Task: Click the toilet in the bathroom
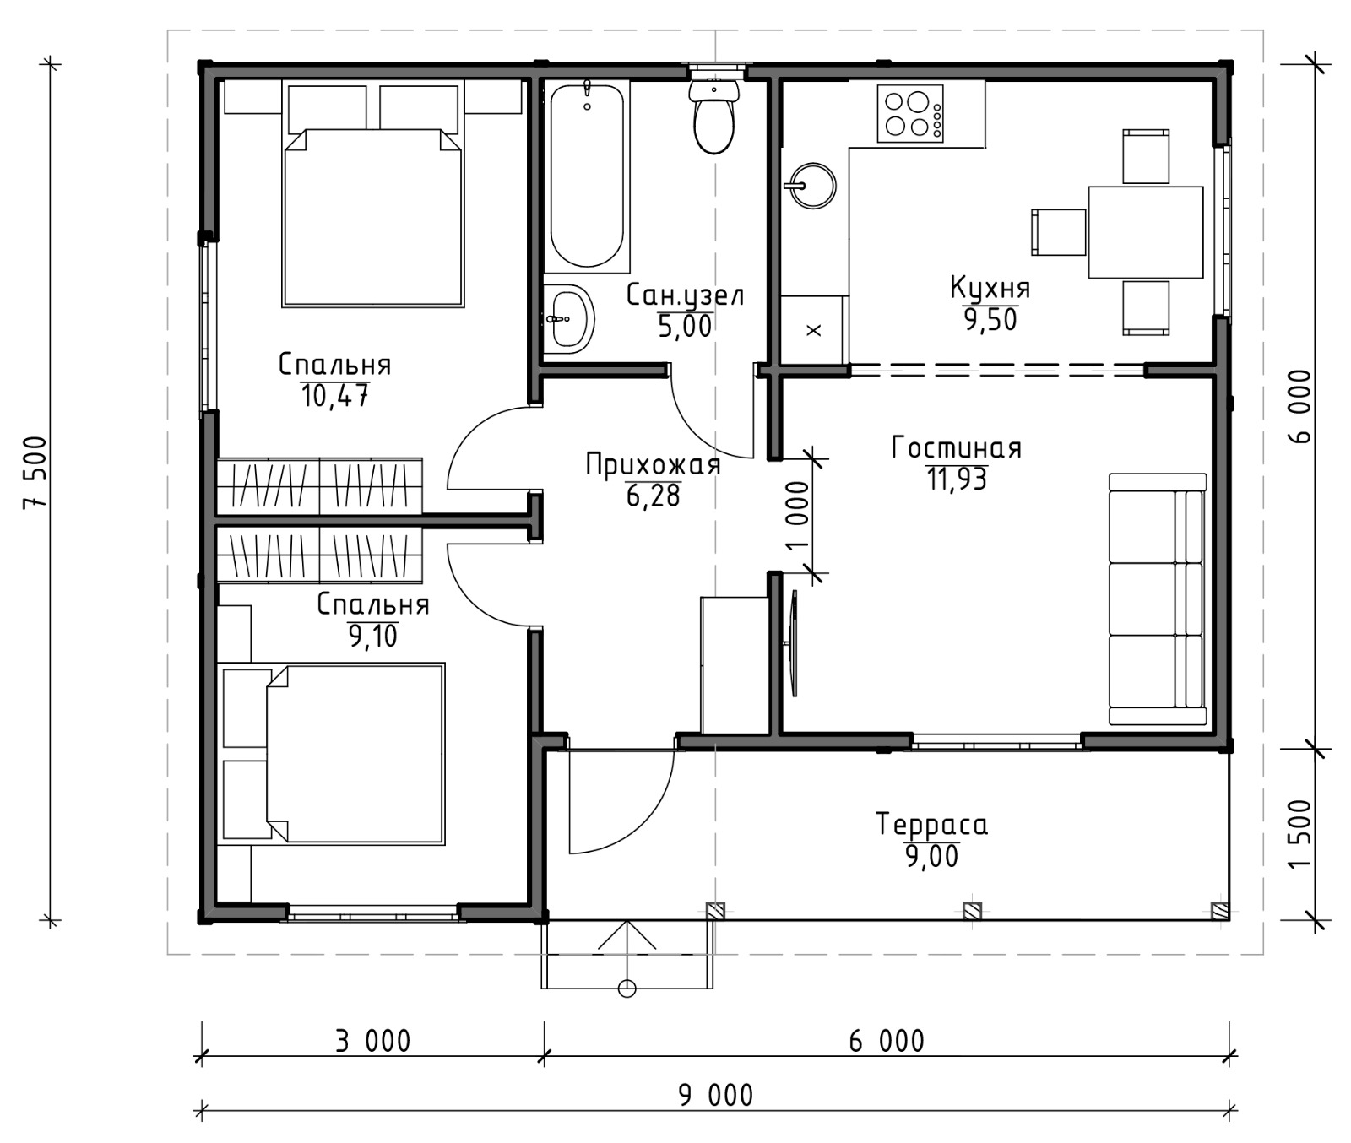click(714, 117)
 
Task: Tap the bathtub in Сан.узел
click(587, 176)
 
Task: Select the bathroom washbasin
click(568, 318)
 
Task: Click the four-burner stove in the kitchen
click(910, 114)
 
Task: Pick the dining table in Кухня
click(1146, 232)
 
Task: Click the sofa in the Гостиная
click(1157, 599)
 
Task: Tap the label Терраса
click(932, 823)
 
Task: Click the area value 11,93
click(957, 479)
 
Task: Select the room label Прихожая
click(653, 465)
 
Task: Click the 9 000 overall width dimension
click(716, 1095)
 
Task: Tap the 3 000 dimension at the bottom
click(372, 1041)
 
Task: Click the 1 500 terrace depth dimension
click(1302, 833)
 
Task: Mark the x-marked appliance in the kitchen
click(814, 330)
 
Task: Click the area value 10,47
click(335, 396)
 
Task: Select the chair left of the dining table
click(1059, 232)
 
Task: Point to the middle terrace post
click(972, 911)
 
